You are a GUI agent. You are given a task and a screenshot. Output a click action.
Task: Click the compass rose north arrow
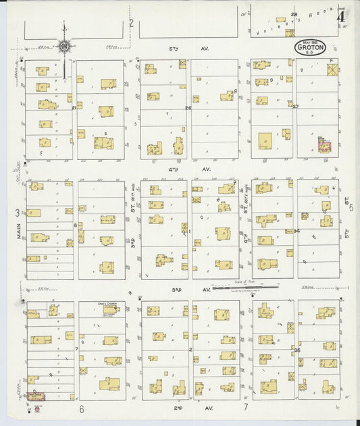(63, 46)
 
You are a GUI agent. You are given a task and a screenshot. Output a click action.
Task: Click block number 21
(74, 107)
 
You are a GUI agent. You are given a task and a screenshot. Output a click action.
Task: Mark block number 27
(295, 106)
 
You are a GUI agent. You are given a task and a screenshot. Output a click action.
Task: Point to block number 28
(294, 14)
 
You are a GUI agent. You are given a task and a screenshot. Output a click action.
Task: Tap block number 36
(297, 350)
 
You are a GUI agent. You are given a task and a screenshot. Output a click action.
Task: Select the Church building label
(107, 304)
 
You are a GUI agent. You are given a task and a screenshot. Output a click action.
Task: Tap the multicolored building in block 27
(324, 144)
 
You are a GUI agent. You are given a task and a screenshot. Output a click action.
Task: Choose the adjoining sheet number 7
(247, 408)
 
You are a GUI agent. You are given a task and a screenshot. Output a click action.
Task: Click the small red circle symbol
(38, 408)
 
